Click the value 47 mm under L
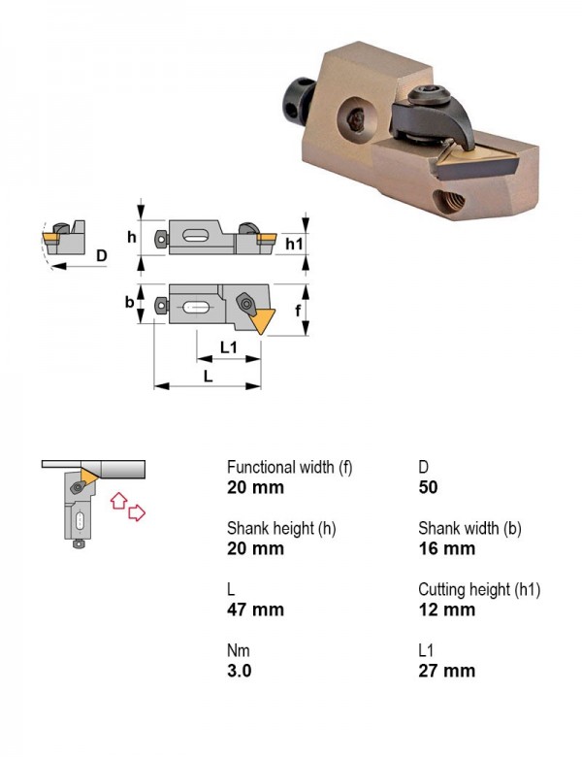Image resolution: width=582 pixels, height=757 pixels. (255, 609)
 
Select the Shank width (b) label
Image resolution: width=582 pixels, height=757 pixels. (469, 529)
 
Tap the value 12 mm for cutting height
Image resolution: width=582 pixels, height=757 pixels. (446, 609)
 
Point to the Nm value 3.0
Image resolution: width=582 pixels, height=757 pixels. (240, 671)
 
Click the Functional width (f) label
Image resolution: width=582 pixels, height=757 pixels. (290, 468)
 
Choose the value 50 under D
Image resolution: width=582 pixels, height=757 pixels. (428, 487)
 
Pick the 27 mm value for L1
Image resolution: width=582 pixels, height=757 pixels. (446, 671)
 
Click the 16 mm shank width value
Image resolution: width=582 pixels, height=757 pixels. (446, 548)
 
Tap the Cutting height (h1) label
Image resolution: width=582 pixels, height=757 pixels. (479, 589)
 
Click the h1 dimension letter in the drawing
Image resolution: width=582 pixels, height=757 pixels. (294, 244)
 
